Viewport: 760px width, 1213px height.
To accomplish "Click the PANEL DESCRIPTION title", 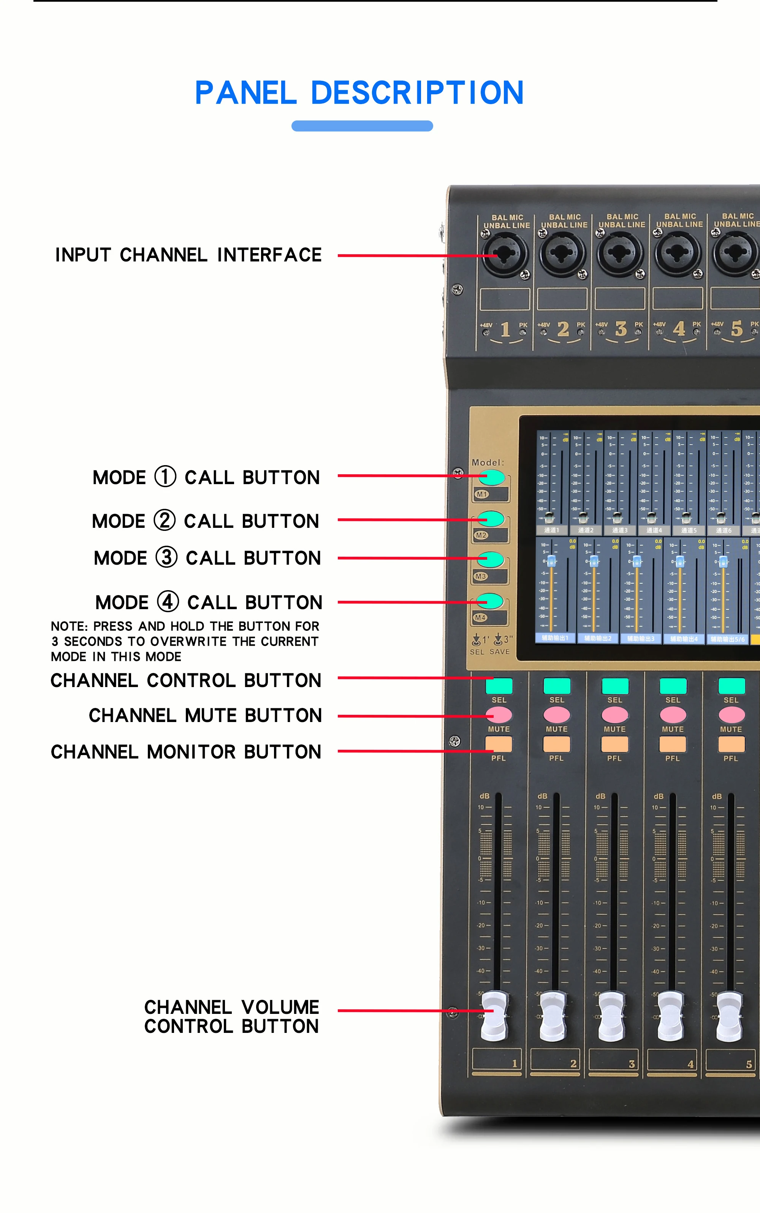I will [x=359, y=93].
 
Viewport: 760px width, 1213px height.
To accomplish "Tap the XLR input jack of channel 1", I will [x=505, y=254].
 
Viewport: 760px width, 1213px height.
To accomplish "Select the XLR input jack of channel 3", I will [x=620, y=253].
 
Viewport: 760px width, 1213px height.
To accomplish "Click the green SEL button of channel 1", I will [x=499, y=686].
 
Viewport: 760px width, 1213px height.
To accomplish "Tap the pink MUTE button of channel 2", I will [x=556, y=714].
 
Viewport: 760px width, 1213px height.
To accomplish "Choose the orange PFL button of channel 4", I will [x=673, y=744].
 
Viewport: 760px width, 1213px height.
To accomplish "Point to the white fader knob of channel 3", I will [x=612, y=1015].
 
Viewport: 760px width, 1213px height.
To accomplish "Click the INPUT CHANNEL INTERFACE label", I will [x=188, y=255].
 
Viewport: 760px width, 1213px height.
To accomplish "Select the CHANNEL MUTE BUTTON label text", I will [x=205, y=715].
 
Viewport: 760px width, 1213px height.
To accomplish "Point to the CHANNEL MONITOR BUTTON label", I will [x=185, y=752].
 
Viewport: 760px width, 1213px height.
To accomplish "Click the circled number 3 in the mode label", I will [x=166, y=557].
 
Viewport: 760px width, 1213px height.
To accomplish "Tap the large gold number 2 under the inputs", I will [x=563, y=329].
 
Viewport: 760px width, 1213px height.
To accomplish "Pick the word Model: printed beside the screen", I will [x=487, y=462].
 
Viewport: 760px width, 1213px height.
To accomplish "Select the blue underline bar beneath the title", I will [x=362, y=126].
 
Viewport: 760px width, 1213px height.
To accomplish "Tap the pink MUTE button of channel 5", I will [x=731, y=714].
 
